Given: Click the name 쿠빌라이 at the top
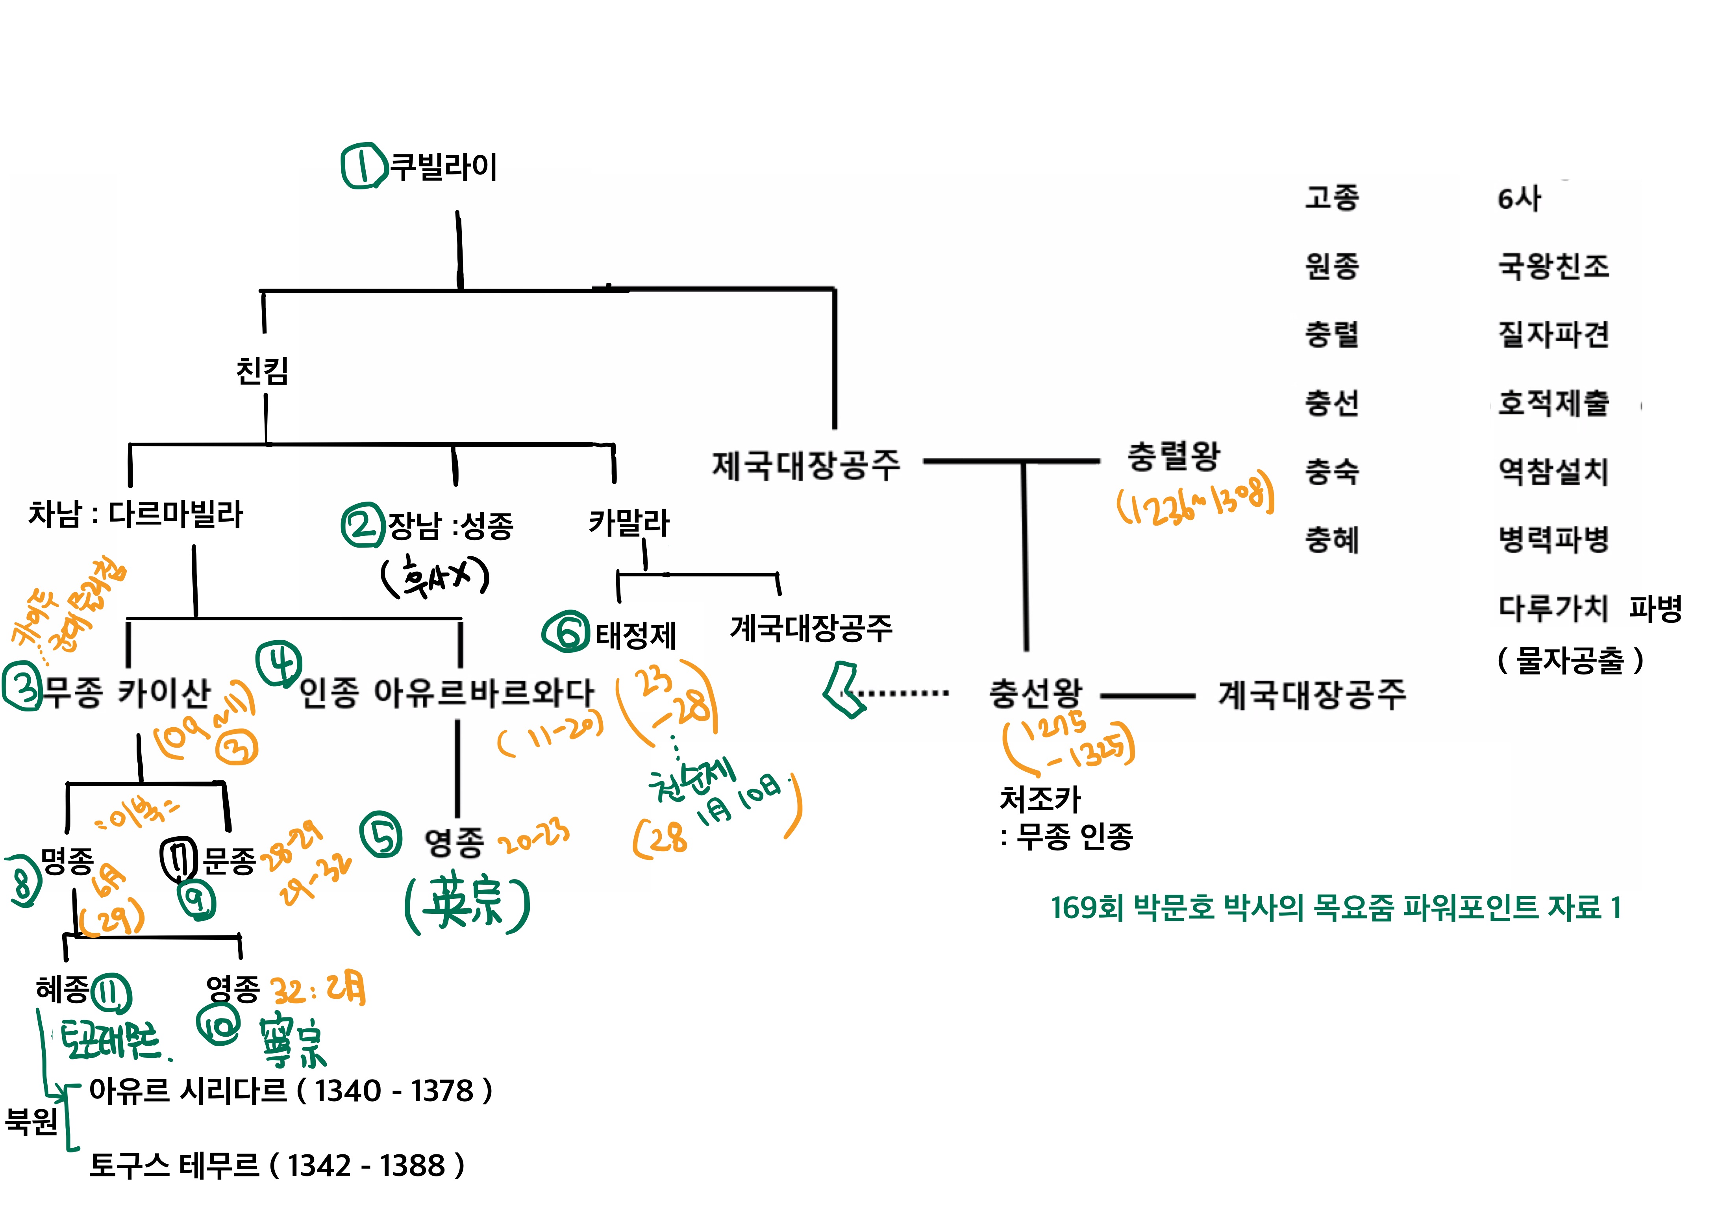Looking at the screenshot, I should [x=444, y=166].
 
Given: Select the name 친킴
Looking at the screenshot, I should [x=262, y=370].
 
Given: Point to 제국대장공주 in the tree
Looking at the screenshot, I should [x=806, y=465].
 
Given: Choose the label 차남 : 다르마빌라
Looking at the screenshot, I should [x=135, y=514].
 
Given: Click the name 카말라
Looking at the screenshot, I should [x=629, y=522].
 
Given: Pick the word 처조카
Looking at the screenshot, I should [x=1040, y=799].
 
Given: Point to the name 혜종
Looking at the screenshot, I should [x=62, y=990].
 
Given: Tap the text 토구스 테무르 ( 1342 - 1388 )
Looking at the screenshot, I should [x=277, y=1165].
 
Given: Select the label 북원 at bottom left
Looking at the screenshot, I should [x=31, y=1121].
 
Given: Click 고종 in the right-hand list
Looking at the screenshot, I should [x=1332, y=198].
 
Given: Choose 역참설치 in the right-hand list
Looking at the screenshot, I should [x=1553, y=471].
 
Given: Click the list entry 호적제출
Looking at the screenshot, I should [x=1553, y=403].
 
